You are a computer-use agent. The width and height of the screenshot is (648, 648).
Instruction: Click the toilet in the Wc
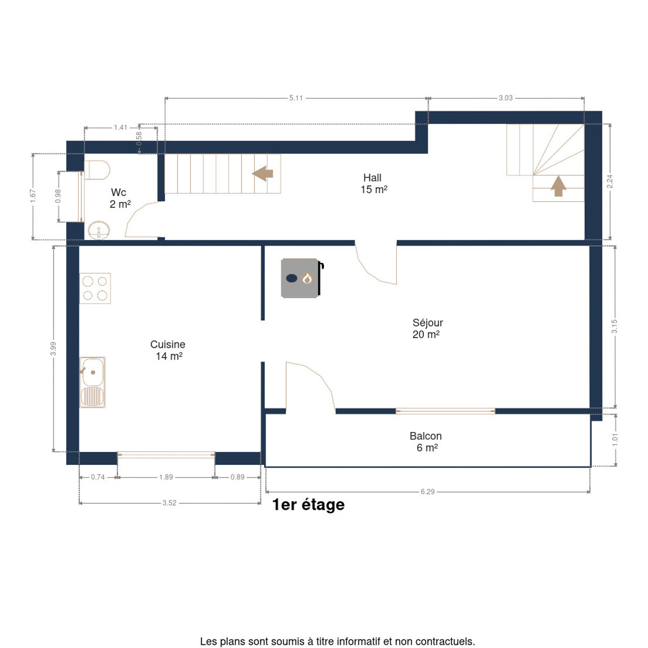tap(97, 170)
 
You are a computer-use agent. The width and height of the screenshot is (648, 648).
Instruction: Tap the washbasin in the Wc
tap(99, 230)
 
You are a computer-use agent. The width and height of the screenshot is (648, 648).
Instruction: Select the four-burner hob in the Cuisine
tap(95, 288)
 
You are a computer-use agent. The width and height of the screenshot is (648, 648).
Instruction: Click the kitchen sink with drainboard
tap(92, 382)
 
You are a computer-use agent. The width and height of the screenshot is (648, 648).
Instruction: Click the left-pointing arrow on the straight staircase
tap(262, 173)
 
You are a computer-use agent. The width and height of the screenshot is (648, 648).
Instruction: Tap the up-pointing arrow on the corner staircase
tap(558, 186)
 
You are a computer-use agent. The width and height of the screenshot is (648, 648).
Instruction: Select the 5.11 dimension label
tap(296, 98)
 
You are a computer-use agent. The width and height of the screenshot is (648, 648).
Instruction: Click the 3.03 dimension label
tap(505, 98)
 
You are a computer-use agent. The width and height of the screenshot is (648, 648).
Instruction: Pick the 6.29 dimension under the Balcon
tap(427, 491)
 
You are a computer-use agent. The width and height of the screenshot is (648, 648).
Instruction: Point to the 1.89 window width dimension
tap(166, 477)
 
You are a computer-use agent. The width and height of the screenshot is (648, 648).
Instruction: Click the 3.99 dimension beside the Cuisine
tap(53, 348)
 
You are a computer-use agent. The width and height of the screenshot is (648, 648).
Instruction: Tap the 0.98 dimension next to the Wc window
tap(58, 196)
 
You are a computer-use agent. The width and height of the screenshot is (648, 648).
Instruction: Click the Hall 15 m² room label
tap(374, 184)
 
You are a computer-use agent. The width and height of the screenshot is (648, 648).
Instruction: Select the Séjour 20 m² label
tap(427, 328)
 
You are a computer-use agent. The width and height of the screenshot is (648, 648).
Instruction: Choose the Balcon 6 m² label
tap(426, 442)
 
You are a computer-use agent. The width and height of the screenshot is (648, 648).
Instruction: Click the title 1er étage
tap(308, 505)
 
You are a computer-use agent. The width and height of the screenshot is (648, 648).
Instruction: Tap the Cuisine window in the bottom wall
tap(166, 455)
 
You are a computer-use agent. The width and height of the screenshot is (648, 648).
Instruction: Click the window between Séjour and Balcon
tap(445, 411)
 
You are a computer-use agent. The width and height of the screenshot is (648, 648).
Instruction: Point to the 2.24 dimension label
tap(610, 181)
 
